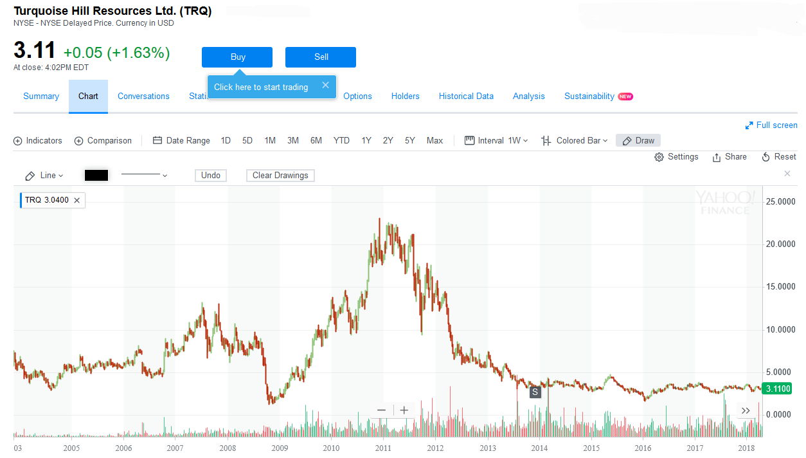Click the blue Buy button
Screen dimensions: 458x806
(x=237, y=57)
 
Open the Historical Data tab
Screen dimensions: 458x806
(x=466, y=96)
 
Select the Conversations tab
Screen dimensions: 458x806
(x=143, y=96)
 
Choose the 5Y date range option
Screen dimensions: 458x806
(x=409, y=140)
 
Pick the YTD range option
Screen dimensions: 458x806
(x=341, y=140)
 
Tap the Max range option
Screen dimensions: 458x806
(x=434, y=140)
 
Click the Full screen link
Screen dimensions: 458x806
(x=771, y=125)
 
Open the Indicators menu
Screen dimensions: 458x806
(x=38, y=140)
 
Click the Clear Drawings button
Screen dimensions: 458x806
(x=280, y=175)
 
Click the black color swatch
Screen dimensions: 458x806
(x=96, y=175)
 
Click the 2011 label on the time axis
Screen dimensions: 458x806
(x=383, y=448)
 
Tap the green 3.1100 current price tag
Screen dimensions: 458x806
(x=776, y=389)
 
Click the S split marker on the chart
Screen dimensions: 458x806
(x=535, y=392)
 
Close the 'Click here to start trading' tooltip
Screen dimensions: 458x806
(x=325, y=85)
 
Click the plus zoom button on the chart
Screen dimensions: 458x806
(x=404, y=410)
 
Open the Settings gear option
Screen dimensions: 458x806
(x=676, y=157)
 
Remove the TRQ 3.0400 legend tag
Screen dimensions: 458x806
(x=77, y=200)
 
